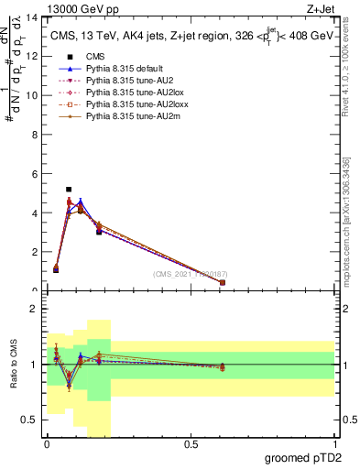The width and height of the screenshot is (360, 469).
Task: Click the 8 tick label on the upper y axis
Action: pos(36,135)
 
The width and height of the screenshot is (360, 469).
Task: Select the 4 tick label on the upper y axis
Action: pos(36,213)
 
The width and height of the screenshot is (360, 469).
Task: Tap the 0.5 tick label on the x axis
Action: pos(191,443)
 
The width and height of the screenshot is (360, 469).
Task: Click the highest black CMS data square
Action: pos(69,190)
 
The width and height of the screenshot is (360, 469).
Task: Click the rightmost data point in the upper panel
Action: pos(223,282)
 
